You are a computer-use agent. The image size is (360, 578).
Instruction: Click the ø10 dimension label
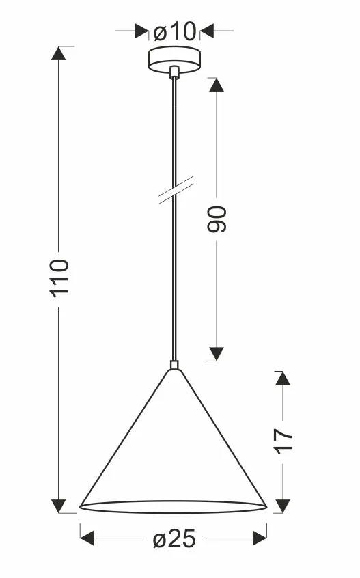pos(175,31)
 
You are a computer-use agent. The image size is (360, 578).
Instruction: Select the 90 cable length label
pos(217,220)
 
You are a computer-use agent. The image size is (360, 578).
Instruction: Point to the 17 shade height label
pos(283,441)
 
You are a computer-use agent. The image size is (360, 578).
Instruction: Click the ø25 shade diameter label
pos(174,539)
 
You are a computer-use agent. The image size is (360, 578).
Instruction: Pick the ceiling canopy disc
pos(174,59)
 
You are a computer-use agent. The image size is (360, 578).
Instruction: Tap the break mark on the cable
pos(176,190)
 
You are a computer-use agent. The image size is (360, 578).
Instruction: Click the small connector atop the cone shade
pos(174,365)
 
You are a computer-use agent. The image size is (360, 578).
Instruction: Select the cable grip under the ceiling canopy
pos(174,72)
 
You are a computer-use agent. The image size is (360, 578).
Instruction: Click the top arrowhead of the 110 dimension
pos(59,53)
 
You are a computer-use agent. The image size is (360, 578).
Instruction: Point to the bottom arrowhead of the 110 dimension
pos(59,506)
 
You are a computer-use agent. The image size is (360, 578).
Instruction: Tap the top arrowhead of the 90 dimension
pos(217,85)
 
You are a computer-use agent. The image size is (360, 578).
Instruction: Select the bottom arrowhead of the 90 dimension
pos(217,354)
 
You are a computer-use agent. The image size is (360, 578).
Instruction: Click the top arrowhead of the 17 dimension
pos(283,379)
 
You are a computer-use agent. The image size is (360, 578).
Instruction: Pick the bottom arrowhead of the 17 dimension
pos(283,506)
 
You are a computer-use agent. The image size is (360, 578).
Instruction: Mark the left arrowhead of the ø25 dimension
pos(87,538)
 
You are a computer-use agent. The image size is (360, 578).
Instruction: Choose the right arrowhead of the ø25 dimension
pos(260,538)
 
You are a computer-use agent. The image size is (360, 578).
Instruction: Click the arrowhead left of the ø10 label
pos(142,31)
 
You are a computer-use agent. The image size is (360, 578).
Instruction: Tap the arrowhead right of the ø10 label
pos(207,31)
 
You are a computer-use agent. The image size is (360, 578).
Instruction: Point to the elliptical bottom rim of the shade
pos(174,513)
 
